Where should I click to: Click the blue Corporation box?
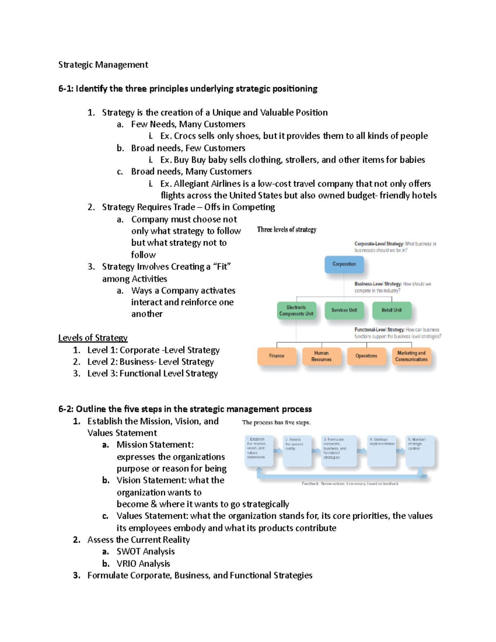344,265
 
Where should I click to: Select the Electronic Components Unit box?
296,311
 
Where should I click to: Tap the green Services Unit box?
344,310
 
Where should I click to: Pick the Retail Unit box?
391,310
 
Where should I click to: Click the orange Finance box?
277,356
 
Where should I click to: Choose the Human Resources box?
321,356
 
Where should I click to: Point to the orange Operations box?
366,356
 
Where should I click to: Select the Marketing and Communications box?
411,356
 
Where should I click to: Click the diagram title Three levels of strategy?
286,229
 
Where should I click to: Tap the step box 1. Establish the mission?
260,451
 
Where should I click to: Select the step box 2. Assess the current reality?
297,451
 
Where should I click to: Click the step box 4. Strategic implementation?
382,451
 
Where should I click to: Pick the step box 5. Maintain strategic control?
420,451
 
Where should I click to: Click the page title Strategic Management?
103,64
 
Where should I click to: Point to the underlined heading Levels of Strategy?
93,338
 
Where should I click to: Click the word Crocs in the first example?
185,136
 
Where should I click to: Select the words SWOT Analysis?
145,551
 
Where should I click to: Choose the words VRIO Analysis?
143,563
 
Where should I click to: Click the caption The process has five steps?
276,422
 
